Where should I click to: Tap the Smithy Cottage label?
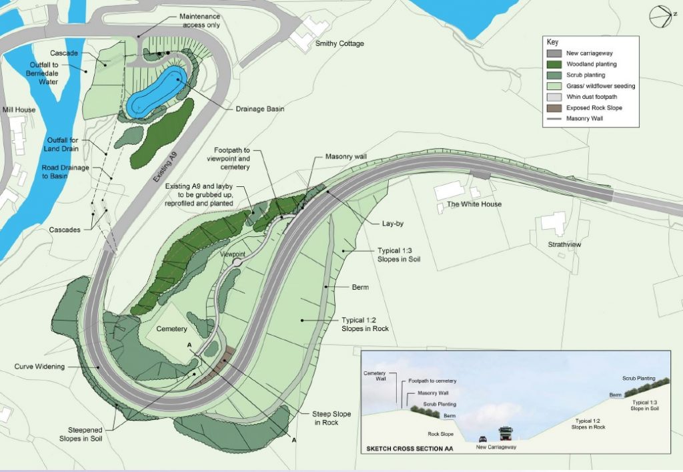click(x=340, y=44)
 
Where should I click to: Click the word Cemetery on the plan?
click(x=172, y=329)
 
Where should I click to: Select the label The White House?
click(x=474, y=204)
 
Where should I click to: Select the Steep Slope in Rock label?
click(x=331, y=419)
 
